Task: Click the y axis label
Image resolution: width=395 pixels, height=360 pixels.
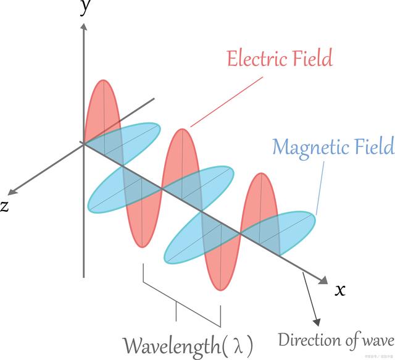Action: (85, 9)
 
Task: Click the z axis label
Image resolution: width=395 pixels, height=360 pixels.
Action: (5, 206)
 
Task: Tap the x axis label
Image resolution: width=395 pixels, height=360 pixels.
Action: (340, 289)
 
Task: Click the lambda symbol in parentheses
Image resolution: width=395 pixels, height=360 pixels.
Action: (238, 345)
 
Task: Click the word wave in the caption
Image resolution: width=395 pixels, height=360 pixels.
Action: (377, 341)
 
